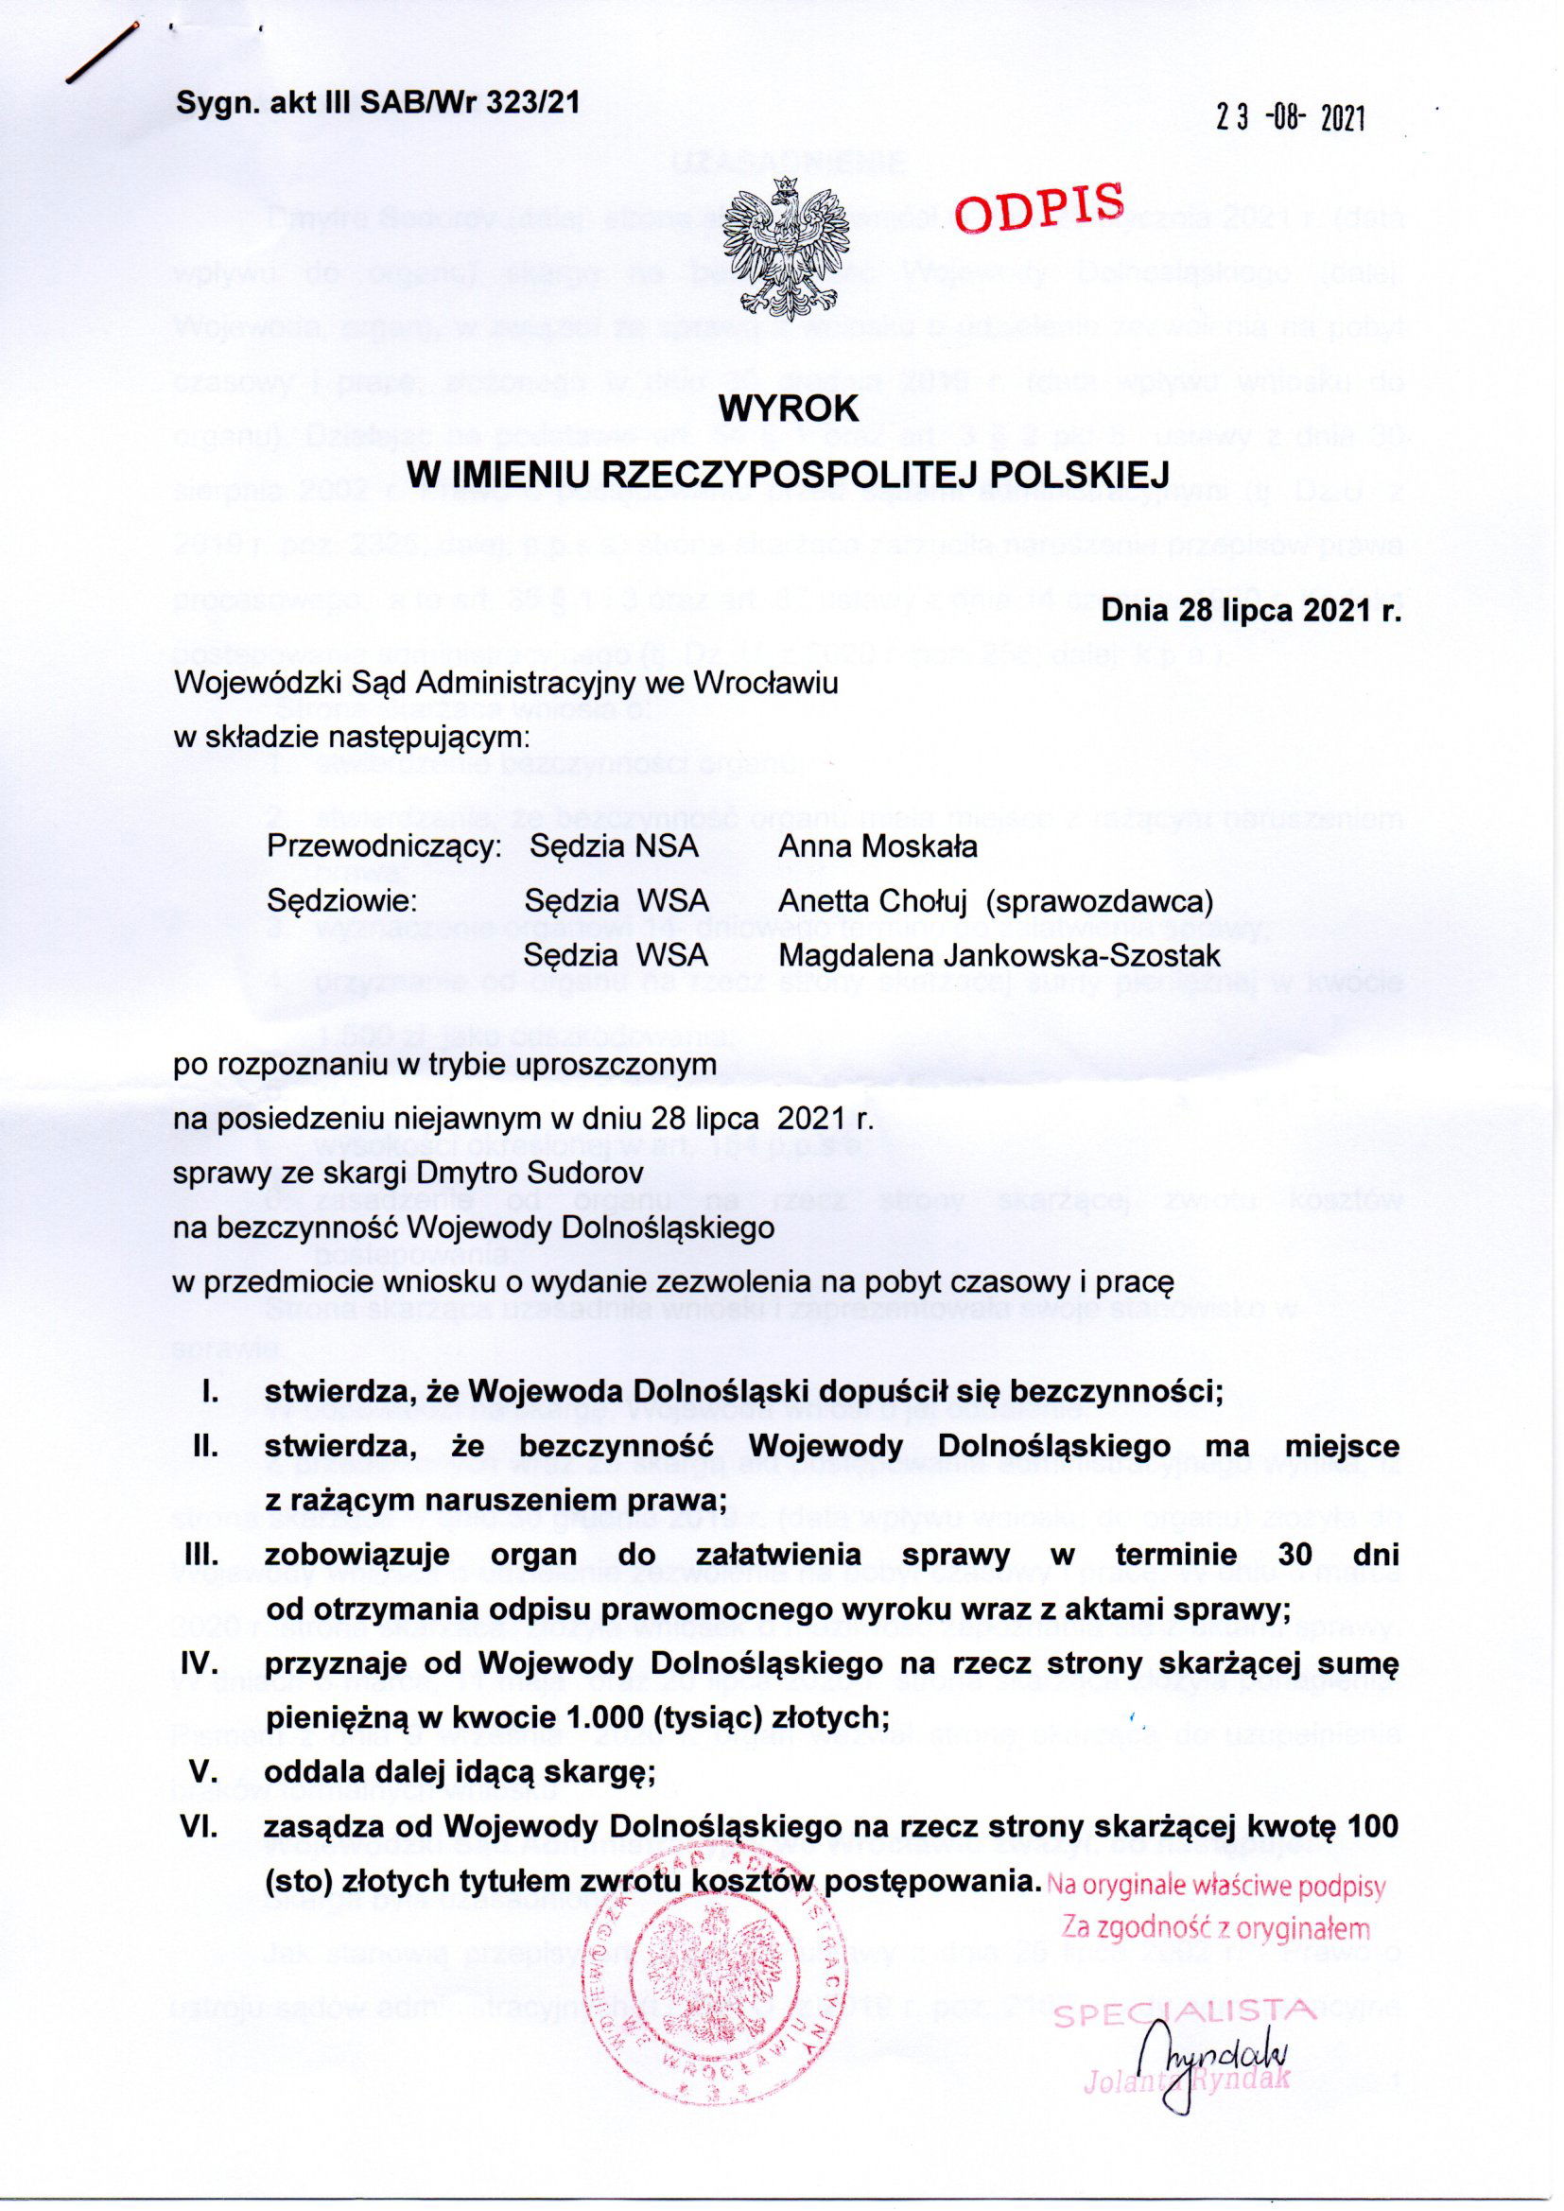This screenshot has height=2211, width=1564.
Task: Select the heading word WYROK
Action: [x=790, y=409]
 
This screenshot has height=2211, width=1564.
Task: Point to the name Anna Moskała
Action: [x=878, y=846]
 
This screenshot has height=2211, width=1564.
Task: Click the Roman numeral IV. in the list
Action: [x=203, y=1663]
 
